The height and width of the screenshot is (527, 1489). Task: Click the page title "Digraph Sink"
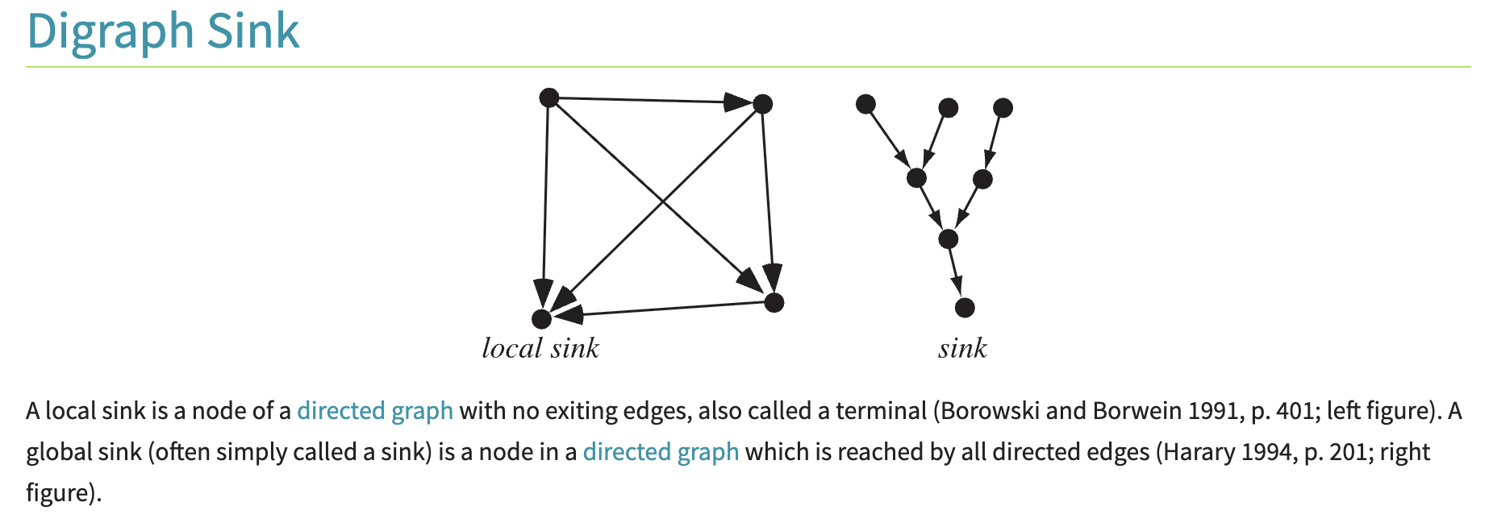point(163,31)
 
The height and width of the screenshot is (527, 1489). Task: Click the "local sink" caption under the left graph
point(540,348)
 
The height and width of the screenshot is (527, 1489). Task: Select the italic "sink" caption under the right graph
point(962,348)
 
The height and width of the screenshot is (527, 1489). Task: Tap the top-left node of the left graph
point(548,98)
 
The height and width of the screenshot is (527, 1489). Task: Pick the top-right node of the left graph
point(762,103)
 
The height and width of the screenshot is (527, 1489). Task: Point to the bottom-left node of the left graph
point(542,319)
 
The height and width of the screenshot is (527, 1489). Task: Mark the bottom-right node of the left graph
point(774,302)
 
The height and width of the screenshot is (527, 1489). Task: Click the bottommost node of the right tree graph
point(965,307)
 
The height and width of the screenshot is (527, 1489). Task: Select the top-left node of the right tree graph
point(865,104)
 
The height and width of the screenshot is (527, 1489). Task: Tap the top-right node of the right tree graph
point(1003,107)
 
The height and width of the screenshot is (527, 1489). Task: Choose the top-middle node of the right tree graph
point(949,107)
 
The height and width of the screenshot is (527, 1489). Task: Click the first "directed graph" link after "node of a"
point(375,411)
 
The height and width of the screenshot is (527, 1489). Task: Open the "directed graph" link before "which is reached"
point(661,452)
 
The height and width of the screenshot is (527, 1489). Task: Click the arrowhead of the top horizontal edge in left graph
point(737,102)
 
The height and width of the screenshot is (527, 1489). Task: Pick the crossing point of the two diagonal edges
point(663,201)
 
